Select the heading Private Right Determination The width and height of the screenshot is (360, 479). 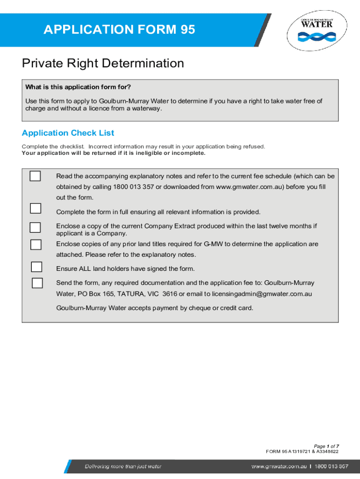pyautogui.click(x=103, y=63)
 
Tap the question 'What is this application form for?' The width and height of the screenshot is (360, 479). pyautogui.click(x=78, y=87)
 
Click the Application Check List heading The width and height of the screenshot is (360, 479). pyautogui.click(x=68, y=133)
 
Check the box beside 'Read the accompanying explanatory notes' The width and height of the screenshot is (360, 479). pyautogui.click(x=35, y=176)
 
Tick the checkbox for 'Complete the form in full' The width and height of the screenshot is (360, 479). pyautogui.click(x=35, y=208)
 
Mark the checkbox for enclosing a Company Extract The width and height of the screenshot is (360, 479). pyautogui.click(x=35, y=227)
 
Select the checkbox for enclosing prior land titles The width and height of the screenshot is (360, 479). pyautogui.click(x=36, y=244)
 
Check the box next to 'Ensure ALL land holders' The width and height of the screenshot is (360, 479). pyautogui.click(x=36, y=267)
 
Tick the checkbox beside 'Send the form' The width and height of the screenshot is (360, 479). pyautogui.click(x=37, y=283)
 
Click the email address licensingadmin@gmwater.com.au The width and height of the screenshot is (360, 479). pyautogui.click(x=262, y=294)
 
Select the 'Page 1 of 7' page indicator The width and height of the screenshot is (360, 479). pyautogui.click(x=326, y=446)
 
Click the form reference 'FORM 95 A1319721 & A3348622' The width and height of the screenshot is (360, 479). pyautogui.click(x=302, y=451)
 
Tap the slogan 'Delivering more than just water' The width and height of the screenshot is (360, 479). pyautogui.click(x=123, y=466)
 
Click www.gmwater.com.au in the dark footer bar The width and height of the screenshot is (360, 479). pyautogui.click(x=279, y=466)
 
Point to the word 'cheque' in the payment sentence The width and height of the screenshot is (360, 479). pyautogui.click(x=201, y=308)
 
